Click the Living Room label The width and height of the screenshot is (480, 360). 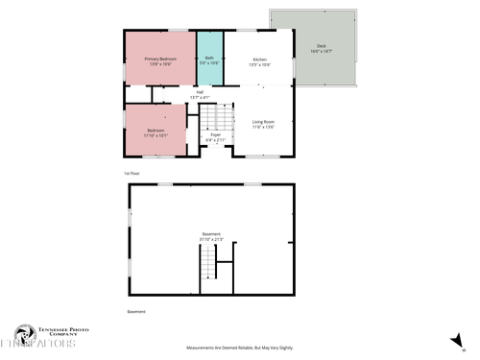263,121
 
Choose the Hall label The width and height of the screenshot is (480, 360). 200,92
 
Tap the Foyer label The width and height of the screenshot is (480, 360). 215,135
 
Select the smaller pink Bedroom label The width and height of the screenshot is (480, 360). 156,131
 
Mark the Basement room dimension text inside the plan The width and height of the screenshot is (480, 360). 211,239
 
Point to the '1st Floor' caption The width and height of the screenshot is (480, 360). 132,173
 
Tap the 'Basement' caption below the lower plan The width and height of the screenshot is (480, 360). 136,311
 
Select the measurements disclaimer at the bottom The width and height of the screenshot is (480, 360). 239,348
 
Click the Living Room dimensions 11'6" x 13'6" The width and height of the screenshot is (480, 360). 263,127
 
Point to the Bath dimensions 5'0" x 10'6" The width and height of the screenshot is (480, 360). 209,64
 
